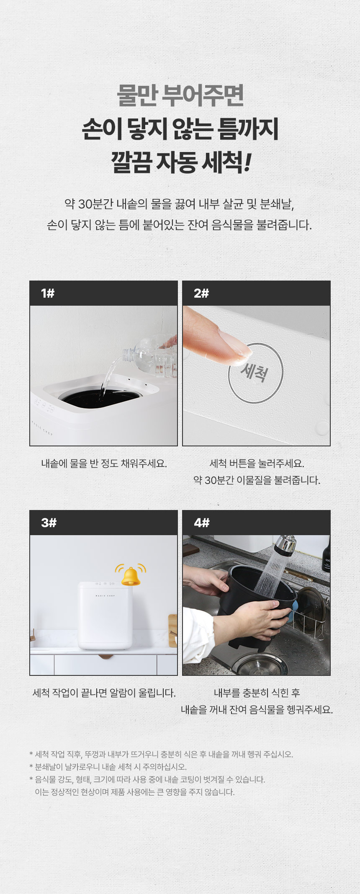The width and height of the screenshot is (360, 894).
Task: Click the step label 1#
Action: [x=48, y=293]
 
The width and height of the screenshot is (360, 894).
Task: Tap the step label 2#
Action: [x=201, y=293]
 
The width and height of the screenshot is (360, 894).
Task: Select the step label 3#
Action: [x=49, y=523]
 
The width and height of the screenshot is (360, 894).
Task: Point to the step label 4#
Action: [x=202, y=523]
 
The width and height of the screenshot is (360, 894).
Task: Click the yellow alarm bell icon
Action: [x=131, y=575]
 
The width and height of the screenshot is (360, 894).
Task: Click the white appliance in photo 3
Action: [x=105, y=615]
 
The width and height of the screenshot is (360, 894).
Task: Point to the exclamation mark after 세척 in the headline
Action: [x=247, y=162]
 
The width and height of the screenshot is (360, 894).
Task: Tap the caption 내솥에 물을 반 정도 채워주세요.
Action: [x=104, y=464]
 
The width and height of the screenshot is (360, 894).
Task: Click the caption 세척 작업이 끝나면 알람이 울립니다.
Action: [x=104, y=693]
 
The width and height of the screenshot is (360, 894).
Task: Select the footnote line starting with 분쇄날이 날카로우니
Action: [x=108, y=767]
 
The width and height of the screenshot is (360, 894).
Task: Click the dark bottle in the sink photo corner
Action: [x=326, y=555]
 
